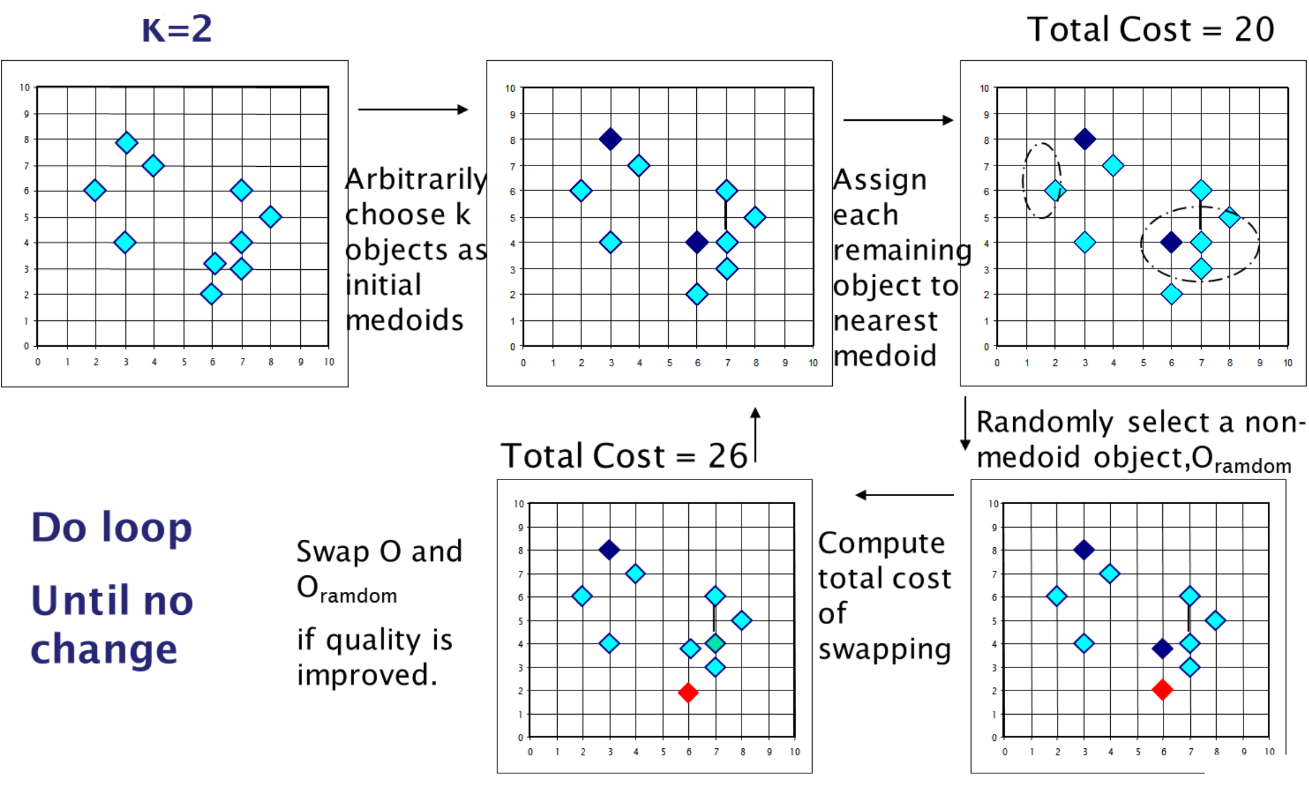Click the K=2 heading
(177, 30)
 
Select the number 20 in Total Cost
(1254, 30)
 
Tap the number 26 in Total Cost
(727, 456)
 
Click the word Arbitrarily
(416, 180)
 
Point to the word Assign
(880, 180)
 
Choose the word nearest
(885, 321)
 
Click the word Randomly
(1044, 423)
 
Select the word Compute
(881, 543)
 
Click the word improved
(367, 675)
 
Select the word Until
(80, 601)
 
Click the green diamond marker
(715, 643)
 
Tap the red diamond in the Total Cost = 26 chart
(688, 692)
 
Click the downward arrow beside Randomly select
(965, 424)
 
